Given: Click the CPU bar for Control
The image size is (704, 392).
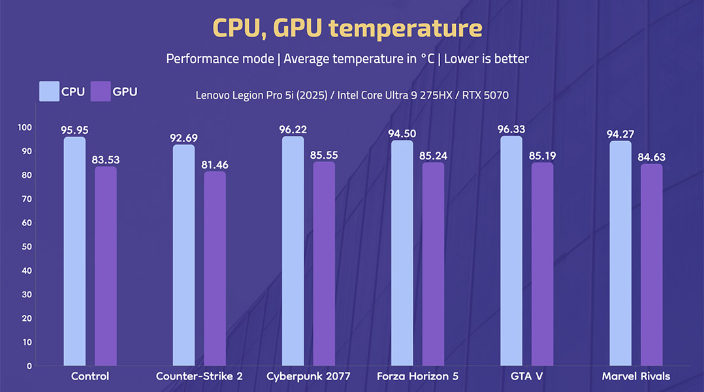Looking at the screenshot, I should point(74,252).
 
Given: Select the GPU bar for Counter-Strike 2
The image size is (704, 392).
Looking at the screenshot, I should point(214,268).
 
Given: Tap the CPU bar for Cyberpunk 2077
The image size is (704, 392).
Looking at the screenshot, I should point(293,252).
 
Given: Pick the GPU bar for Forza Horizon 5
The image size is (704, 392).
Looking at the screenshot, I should point(432,264).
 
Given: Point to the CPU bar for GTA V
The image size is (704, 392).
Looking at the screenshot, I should point(511,252).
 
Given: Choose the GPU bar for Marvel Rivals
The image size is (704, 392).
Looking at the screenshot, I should point(651,265).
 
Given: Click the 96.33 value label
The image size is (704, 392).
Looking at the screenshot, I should point(511,129).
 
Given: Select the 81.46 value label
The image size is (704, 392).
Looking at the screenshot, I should point(215,165).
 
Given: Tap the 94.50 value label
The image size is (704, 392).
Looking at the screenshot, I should point(402,134).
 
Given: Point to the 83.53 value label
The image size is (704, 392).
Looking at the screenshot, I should point(106,160).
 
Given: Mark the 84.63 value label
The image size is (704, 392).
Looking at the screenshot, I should point(651,157).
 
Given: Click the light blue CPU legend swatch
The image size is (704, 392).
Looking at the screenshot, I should point(49,91).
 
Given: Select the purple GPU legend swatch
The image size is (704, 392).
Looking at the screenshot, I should point(99,91).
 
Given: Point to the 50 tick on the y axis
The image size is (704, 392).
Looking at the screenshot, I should point(27,246).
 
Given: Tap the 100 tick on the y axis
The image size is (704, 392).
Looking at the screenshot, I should point(25,127).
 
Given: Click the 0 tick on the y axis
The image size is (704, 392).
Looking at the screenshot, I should point(29,366).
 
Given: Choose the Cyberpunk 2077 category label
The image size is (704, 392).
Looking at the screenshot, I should point(308,376).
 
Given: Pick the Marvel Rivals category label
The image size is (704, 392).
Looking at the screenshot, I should point(635,376).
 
